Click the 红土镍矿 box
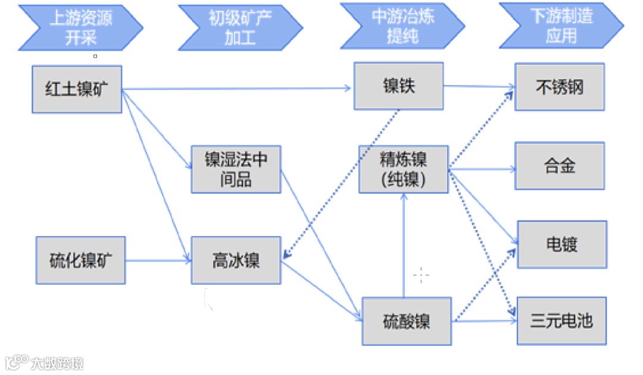[76, 89]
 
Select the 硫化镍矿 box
[80, 260]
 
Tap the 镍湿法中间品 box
[236, 169]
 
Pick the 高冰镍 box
[236, 260]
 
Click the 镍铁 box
[398, 86]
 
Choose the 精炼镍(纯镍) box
[403, 169]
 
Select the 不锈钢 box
[560, 87]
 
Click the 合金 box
[560, 166]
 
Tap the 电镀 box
[561, 244]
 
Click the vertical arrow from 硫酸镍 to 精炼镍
[404, 247]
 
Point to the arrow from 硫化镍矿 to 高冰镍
[158, 260]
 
